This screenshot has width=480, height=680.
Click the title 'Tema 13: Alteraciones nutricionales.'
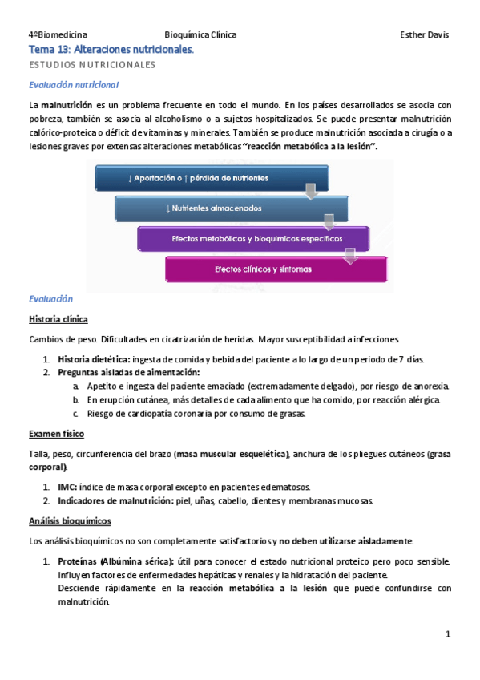pyautogui.click(x=111, y=50)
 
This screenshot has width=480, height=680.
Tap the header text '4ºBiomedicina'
pyautogui.click(x=58, y=35)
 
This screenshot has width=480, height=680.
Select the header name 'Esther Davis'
pyautogui.click(x=424, y=35)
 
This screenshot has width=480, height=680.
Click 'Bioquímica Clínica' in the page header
pyautogui.click(x=200, y=35)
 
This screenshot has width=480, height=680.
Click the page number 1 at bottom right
pyautogui.click(x=448, y=634)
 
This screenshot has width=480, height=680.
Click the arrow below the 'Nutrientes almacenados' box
pyautogui.click(x=328, y=221)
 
